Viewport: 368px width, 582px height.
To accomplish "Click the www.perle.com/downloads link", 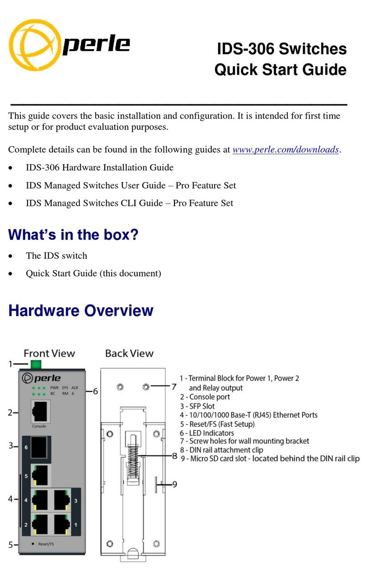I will click(286, 150).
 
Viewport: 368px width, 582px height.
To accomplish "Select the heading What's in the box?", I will click(73, 235).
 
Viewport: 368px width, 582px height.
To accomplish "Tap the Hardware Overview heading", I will click(81, 311).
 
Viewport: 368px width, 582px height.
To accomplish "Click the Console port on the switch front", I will click(41, 413).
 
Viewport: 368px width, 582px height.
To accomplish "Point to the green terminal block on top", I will click(35, 364).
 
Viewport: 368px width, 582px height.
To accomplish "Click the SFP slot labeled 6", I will click(40, 448).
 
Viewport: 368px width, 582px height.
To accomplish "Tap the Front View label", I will click(49, 353).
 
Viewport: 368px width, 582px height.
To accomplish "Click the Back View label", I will click(129, 353).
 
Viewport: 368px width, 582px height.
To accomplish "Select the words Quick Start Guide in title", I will click(280, 70).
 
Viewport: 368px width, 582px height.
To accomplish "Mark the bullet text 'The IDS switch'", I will click(56, 256).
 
